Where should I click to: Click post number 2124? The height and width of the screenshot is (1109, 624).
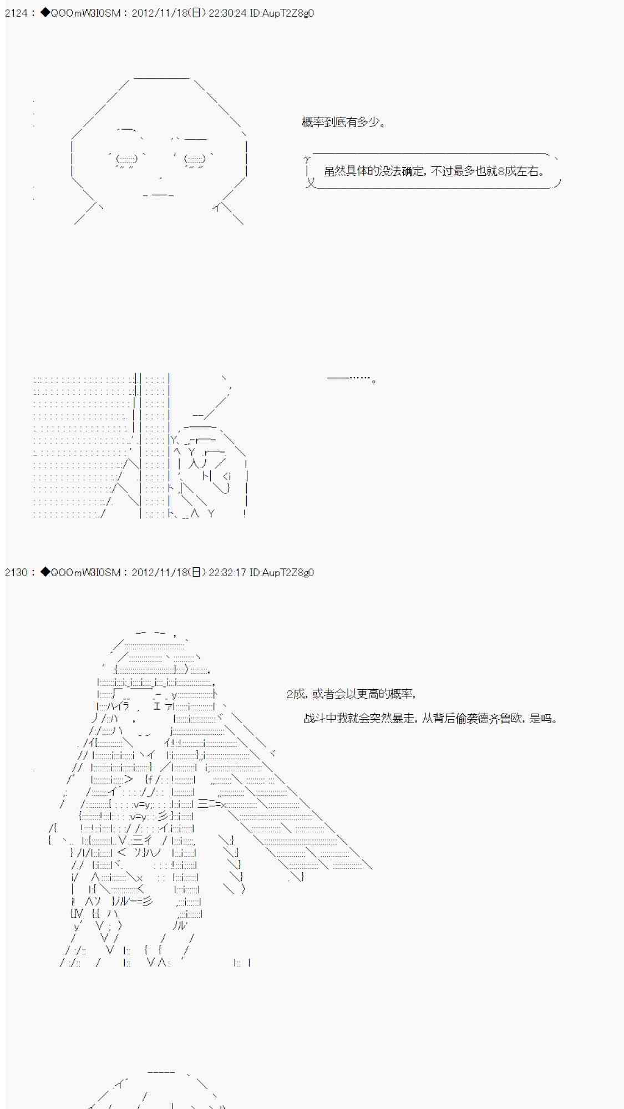click(16, 13)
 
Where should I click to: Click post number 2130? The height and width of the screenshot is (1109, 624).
click(16, 572)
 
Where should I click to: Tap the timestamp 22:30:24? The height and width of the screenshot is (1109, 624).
click(227, 13)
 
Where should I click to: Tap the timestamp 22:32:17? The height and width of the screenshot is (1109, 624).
click(227, 572)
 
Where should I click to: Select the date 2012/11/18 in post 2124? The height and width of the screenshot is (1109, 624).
click(160, 13)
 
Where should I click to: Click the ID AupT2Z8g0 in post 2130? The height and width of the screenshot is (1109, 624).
click(282, 572)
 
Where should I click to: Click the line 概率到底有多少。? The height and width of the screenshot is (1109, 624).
click(343, 122)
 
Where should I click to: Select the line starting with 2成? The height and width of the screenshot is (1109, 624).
click(351, 694)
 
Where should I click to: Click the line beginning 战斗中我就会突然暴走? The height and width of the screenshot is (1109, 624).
click(431, 719)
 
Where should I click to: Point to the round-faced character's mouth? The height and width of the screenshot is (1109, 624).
click(159, 195)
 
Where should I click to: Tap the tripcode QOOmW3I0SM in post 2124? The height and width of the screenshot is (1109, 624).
click(85, 13)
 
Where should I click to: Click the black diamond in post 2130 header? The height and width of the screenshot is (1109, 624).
click(45, 572)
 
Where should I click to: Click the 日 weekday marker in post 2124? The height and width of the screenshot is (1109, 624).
click(196, 13)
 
